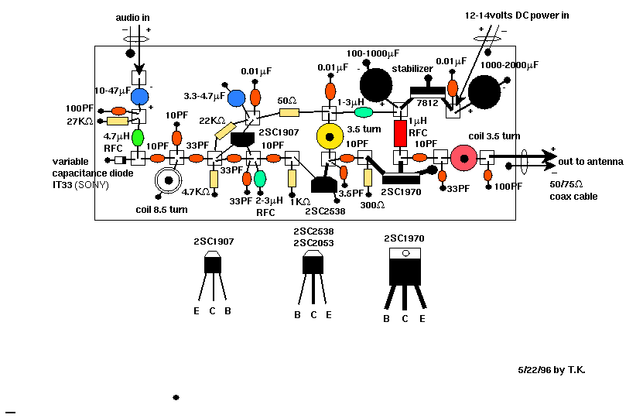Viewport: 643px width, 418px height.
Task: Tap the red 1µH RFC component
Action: tap(401, 133)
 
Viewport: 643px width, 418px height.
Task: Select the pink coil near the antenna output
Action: tap(465, 158)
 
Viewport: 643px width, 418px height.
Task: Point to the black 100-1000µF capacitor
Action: tap(376, 83)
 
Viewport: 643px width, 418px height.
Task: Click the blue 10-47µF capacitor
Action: tap(140, 97)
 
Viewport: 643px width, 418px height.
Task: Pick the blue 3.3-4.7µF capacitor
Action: tap(237, 98)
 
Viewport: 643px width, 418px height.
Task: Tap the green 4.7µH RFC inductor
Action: tap(138, 138)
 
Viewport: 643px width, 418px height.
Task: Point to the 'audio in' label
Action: tap(132, 17)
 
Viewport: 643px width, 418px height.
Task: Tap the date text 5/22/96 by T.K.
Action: tap(552, 370)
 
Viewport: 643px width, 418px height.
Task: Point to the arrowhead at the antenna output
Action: tap(551, 158)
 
